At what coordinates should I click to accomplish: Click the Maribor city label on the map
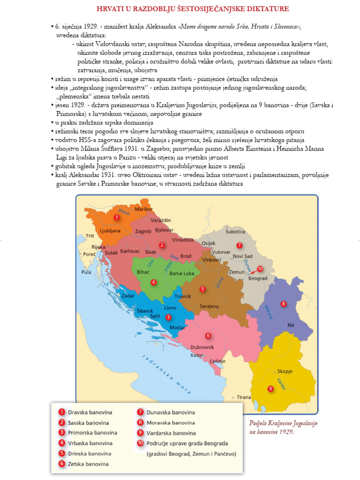[144, 209]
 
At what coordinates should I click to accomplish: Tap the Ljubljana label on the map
[110, 231]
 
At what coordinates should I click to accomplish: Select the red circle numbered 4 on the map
[153, 282]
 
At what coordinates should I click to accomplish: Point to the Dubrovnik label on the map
[202, 347]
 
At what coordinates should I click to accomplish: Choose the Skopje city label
[285, 371]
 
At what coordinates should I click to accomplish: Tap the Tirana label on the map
[243, 397]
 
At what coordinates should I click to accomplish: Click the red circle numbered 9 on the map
[270, 388]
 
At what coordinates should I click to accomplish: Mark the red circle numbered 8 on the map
[283, 304]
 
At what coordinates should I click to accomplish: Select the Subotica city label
[235, 232]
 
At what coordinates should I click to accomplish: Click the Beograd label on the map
[257, 278]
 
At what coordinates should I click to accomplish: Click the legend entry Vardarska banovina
[171, 433]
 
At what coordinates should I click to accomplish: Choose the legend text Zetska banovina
[89, 464]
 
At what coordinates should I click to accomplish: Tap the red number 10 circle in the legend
[140, 443]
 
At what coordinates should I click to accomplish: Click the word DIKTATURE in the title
[265, 9]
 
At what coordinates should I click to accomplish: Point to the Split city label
[155, 316]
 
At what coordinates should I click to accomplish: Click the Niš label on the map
[291, 325]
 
